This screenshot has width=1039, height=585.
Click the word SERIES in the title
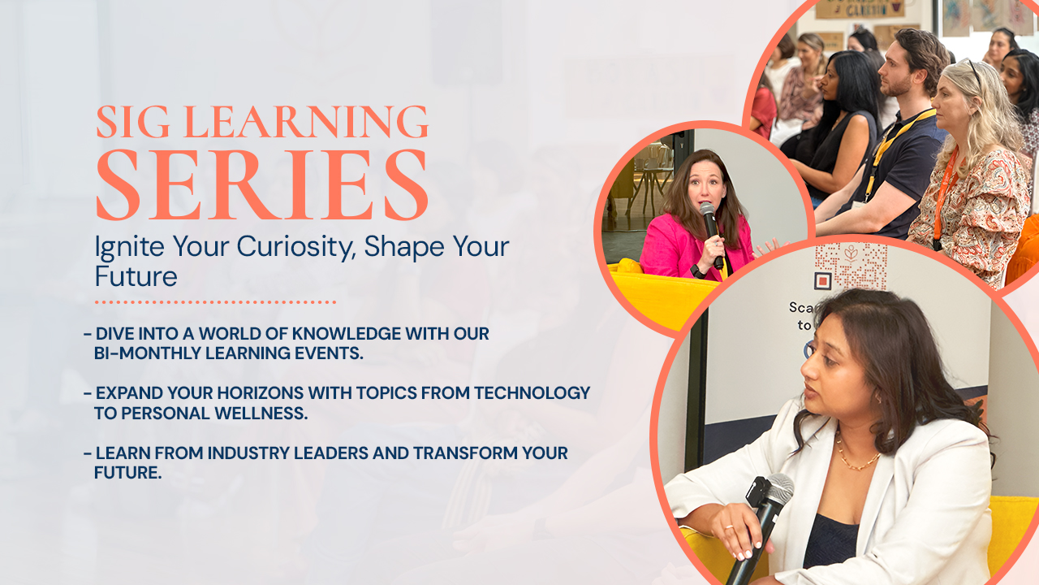262,184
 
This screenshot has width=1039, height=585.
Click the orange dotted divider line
215,302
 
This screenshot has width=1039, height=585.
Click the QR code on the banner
850,266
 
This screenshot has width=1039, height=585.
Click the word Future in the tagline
136,276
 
